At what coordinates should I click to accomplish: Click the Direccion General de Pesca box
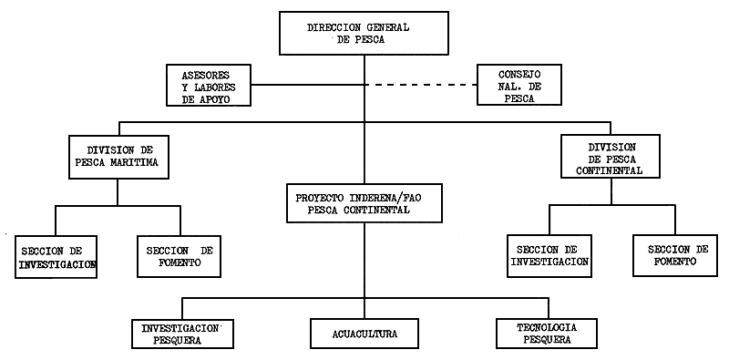364,33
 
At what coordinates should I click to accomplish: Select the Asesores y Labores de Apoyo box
209,86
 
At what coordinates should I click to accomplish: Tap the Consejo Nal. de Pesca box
519,86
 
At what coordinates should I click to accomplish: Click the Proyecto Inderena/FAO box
364,203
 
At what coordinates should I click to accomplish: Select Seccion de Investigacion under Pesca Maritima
56,257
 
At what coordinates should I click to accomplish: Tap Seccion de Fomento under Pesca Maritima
178,257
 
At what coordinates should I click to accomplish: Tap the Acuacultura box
364,333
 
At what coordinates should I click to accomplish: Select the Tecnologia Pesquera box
547,333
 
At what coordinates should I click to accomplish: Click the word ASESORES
205,74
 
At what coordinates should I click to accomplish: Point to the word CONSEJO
519,74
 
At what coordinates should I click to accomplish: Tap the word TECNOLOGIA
546,327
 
